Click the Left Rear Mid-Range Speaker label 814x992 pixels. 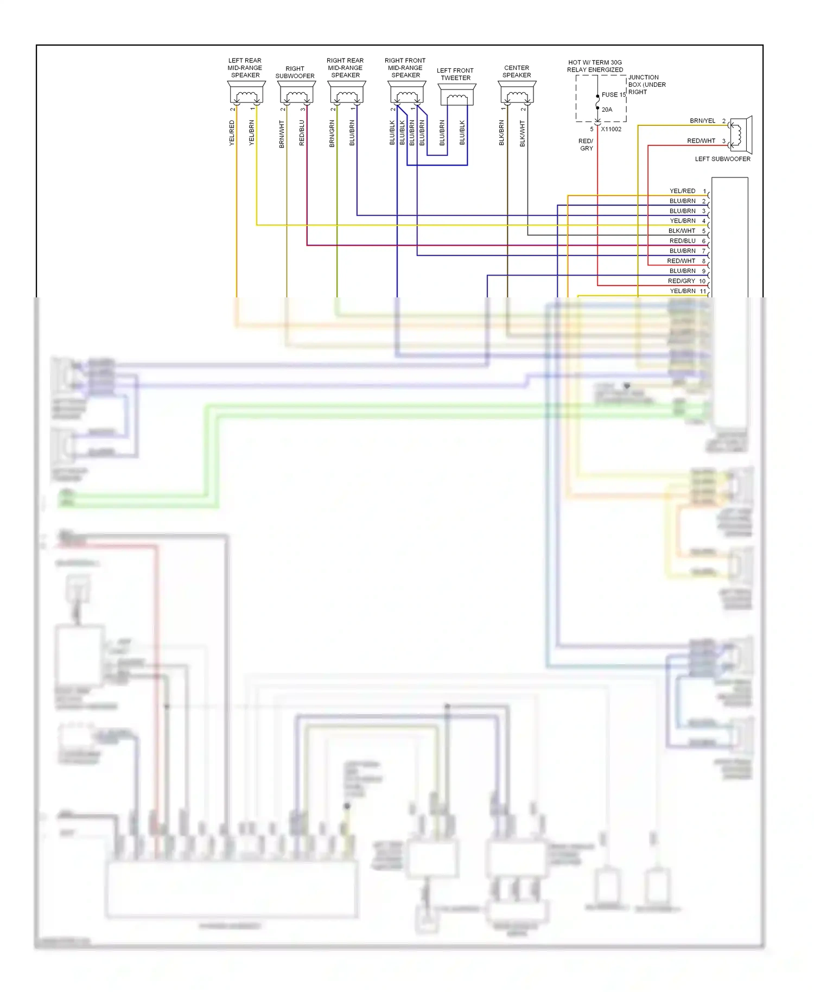[x=245, y=68]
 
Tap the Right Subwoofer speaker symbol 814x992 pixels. [x=296, y=93]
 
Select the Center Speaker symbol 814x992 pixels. [x=517, y=93]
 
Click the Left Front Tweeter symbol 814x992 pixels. [x=457, y=96]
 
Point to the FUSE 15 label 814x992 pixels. [x=613, y=94]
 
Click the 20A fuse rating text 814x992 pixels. [x=607, y=110]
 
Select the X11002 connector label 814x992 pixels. [x=611, y=129]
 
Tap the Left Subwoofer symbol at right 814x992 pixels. [x=740, y=133]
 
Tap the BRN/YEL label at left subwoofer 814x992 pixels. [x=702, y=120]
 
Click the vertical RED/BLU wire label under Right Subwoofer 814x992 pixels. [x=302, y=133]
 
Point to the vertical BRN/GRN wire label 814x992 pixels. [x=332, y=133]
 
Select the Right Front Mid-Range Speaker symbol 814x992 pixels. [x=407, y=93]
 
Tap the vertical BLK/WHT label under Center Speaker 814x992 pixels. [x=522, y=133]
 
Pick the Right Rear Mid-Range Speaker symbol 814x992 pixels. [x=347, y=93]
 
